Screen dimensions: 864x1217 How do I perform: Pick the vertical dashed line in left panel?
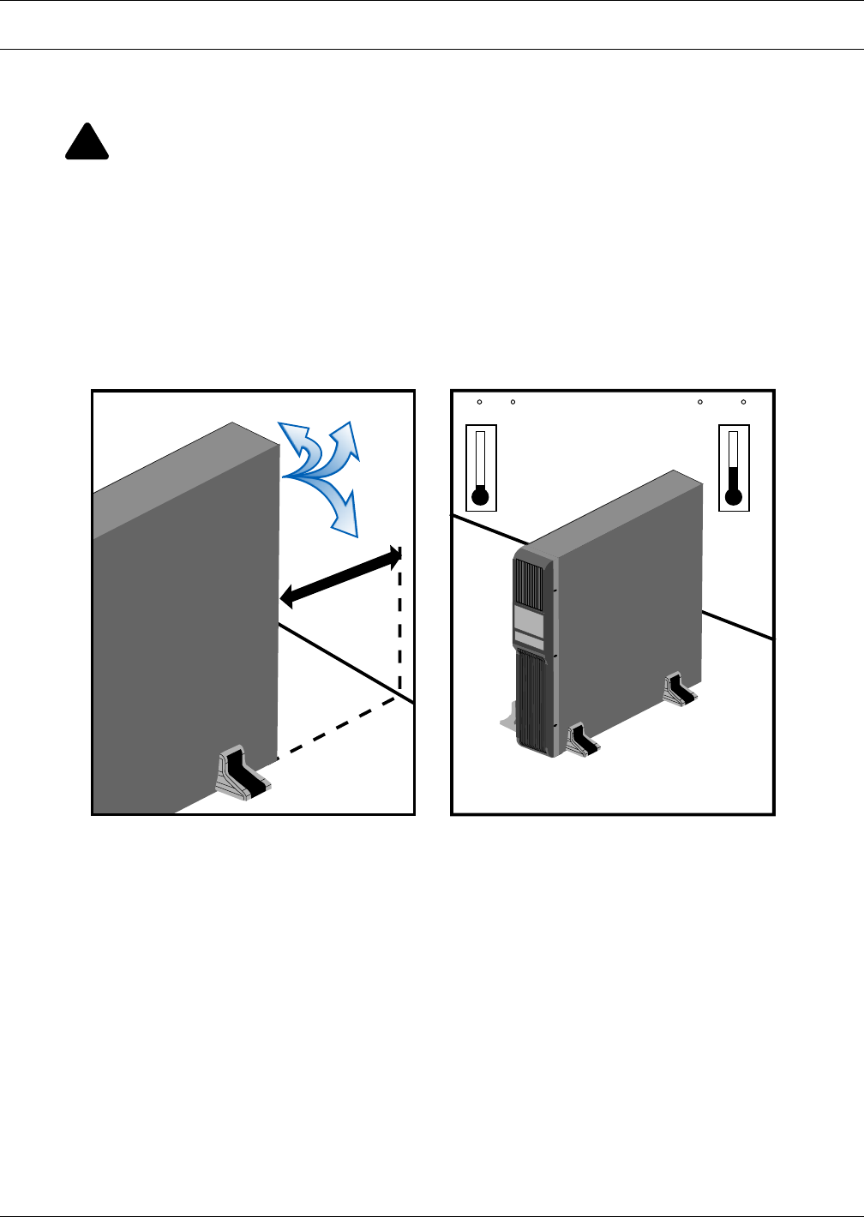tap(400, 626)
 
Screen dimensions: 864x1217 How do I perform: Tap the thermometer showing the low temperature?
tap(481, 467)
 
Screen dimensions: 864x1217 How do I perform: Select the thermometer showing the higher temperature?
tap(734, 467)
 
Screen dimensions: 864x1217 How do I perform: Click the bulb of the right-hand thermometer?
tap(733, 497)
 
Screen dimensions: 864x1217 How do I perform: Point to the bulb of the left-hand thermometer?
tap(481, 497)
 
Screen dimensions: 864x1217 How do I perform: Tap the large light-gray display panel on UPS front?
tap(529, 620)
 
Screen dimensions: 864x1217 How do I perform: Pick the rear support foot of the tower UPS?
tap(681, 690)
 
